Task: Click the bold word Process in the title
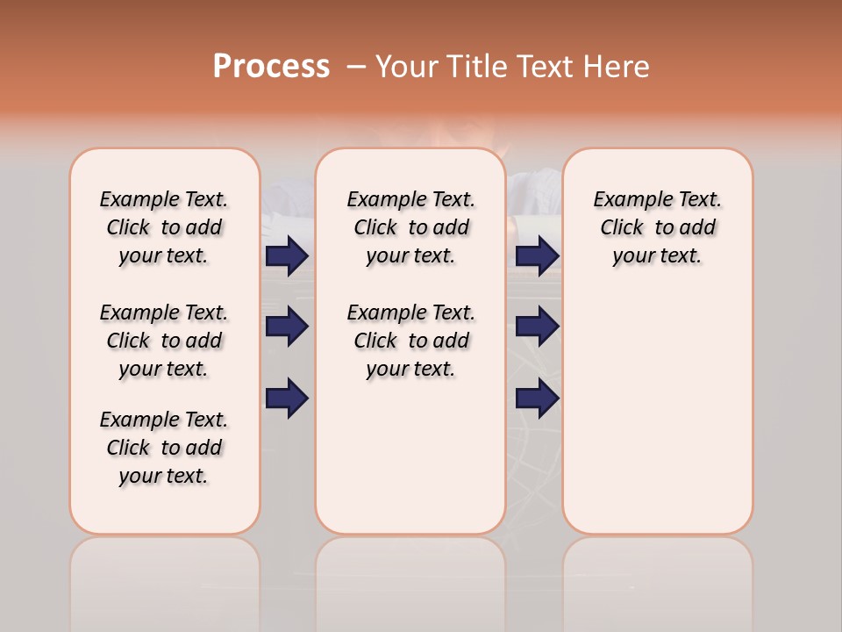(x=271, y=67)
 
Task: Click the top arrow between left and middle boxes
(x=287, y=255)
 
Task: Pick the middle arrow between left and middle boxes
(x=287, y=327)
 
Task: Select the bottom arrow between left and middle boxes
(x=287, y=399)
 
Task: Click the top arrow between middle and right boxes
(x=537, y=255)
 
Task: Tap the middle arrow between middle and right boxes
(x=537, y=327)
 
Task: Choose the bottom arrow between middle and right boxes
(x=537, y=399)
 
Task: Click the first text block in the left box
(x=164, y=227)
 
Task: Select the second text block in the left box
(x=164, y=341)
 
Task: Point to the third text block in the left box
(x=164, y=448)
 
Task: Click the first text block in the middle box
(x=410, y=227)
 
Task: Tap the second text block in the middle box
(x=410, y=341)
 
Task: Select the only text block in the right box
(x=657, y=227)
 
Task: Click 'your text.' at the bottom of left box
(x=164, y=476)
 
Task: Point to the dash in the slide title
(x=356, y=67)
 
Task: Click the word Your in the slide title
(x=407, y=67)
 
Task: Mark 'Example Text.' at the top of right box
(x=657, y=199)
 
